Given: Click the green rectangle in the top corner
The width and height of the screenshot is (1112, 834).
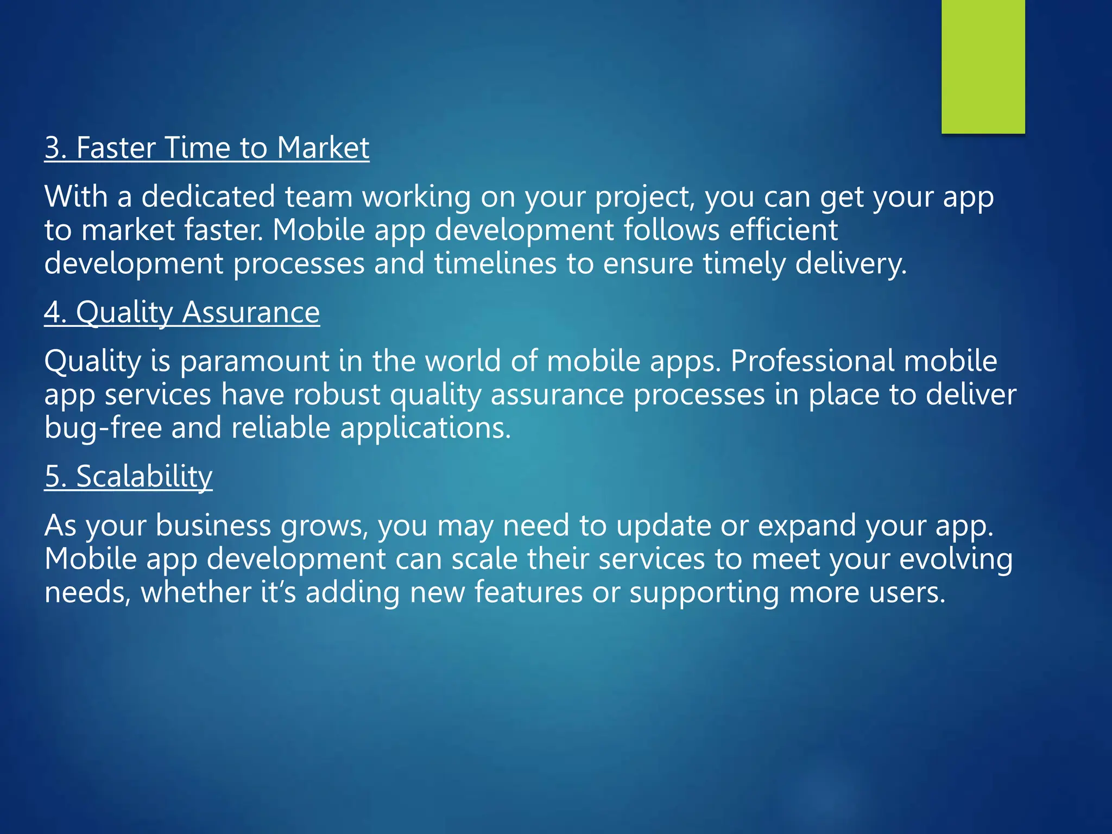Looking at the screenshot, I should [983, 66].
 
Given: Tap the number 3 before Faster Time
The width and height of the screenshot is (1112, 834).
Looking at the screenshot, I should [53, 148].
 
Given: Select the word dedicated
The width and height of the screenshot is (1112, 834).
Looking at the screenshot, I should [208, 197].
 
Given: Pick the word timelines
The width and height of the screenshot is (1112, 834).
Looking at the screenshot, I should [495, 264].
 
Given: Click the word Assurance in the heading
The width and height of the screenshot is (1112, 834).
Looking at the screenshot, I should [251, 313].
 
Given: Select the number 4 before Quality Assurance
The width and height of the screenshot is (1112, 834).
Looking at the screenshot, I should [53, 313].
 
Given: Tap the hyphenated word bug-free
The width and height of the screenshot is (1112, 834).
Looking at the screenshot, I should [103, 428].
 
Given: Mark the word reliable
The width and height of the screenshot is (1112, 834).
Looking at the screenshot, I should [281, 428].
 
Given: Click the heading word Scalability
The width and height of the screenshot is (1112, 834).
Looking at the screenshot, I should [144, 477].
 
